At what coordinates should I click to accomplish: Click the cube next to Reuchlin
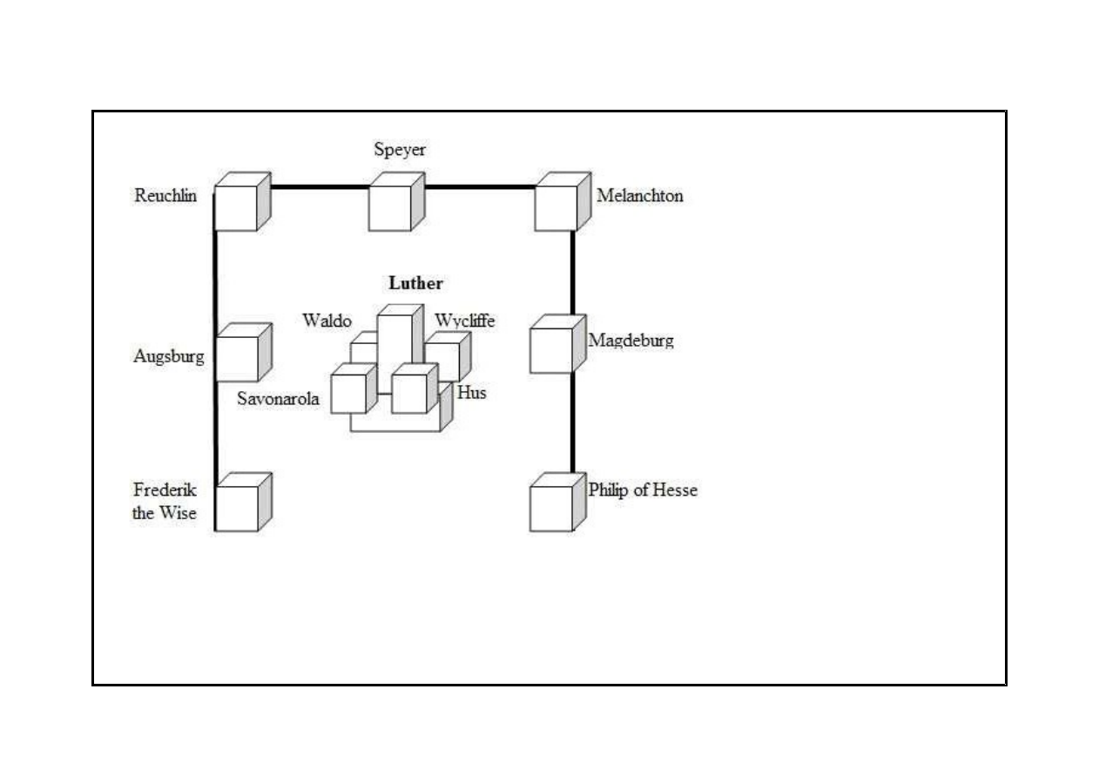[x=238, y=207]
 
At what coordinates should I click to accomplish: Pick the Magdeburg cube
[x=553, y=349]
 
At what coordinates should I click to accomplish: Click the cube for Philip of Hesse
[x=553, y=507]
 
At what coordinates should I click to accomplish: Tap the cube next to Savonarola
[x=349, y=393]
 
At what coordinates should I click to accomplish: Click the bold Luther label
[x=415, y=283]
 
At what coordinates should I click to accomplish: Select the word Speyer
[x=400, y=150]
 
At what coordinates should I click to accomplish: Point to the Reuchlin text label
[x=165, y=196]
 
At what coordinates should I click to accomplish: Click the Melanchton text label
[x=639, y=196]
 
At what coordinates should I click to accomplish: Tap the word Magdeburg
[x=630, y=341]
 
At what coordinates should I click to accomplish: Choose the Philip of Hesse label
[x=643, y=490]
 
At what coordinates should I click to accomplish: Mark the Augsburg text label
[x=169, y=356]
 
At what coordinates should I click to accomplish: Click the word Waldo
[x=327, y=321]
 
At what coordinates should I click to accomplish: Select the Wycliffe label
[x=465, y=321]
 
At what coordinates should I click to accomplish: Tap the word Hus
[x=471, y=393]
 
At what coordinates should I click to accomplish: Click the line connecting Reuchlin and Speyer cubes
[x=319, y=186]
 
